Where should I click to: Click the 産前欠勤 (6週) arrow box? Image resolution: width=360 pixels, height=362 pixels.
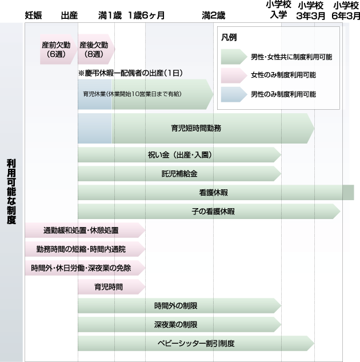tap(56, 49)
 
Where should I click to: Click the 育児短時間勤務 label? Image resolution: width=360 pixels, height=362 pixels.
tap(196, 128)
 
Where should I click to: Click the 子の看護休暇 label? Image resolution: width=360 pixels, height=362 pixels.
tap(213, 212)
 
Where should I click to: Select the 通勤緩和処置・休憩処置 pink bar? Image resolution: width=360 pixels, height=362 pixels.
tap(81, 230)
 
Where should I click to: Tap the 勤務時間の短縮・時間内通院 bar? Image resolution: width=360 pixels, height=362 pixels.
tap(81, 249)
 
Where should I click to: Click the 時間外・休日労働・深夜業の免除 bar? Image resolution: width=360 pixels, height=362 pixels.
tap(81, 268)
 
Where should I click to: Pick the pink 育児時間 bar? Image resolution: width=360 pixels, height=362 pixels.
tap(109, 286)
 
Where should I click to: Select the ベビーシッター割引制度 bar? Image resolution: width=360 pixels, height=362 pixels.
tap(196, 344)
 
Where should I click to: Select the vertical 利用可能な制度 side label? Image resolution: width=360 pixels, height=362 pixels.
tap(11, 192)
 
